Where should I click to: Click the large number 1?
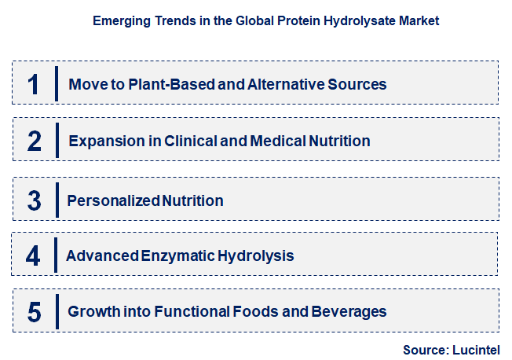pos(33,84)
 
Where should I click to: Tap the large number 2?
pos(34,141)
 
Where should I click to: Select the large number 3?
pos(34,200)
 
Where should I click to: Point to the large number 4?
pos(33,256)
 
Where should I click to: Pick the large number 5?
pos(34,312)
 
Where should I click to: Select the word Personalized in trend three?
pos(114,200)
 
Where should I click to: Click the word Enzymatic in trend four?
pos(174,256)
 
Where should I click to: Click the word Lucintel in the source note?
pos(475,349)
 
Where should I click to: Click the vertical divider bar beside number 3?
pos(57,200)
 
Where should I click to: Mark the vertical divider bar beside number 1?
pos(57,84)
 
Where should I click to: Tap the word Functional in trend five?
pos(193,312)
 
